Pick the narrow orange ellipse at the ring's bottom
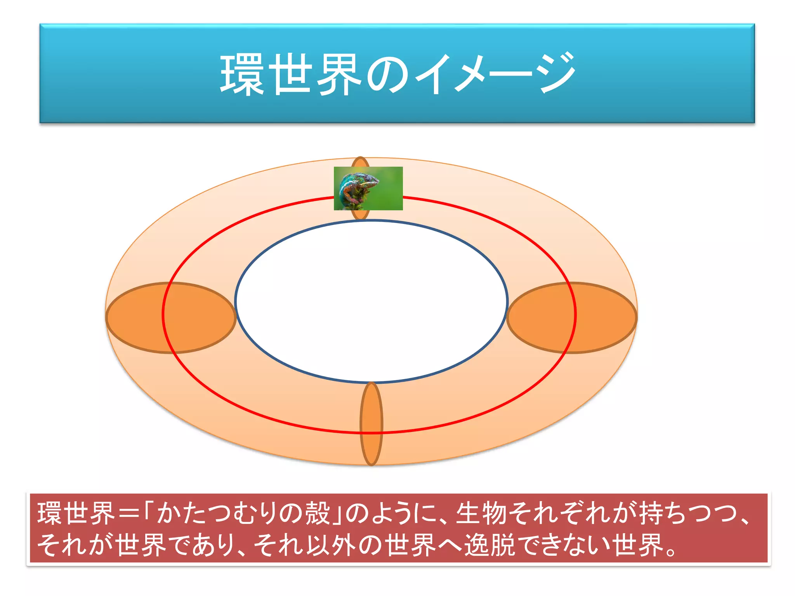coord(371,424)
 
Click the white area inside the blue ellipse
coord(371,301)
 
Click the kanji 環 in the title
coord(243,74)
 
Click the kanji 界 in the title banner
coord(339,74)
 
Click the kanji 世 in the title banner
coord(290,74)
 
